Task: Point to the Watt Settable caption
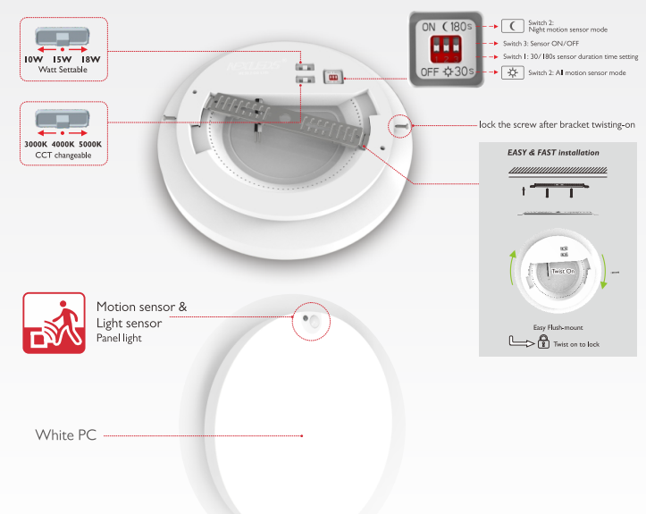pyautogui.click(x=62, y=70)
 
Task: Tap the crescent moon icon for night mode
pyautogui.click(x=512, y=26)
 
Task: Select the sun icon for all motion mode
pyautogui.click(x=512, y=72)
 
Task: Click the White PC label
pyautogui.click(x=65, y=435)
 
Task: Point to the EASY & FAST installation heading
pyautogui.click(x=553, y=153)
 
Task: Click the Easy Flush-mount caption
pyautogui.click(x=558, y=327)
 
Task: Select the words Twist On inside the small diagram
pyautogui.click(x=562, y=270)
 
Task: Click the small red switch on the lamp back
pyautogui.click(x=334, y=78)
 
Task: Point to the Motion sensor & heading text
pyautogui.click(x=141, y=307)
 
